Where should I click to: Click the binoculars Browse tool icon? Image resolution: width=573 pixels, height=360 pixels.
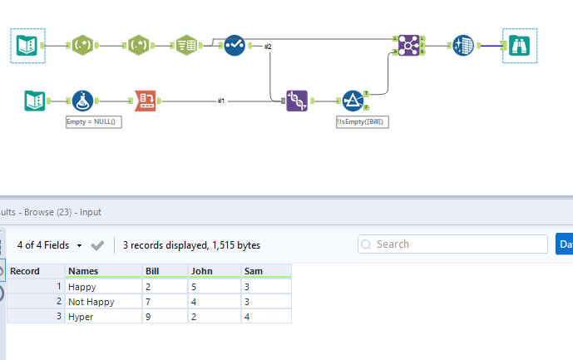[520, 45]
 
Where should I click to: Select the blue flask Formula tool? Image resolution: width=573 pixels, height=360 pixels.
[82, 101]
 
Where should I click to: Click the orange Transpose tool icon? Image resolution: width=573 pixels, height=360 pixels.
[146, 101]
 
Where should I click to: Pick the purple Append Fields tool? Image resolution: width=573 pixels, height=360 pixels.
[297, 101]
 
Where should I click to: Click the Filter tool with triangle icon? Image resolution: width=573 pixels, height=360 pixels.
[353, 101]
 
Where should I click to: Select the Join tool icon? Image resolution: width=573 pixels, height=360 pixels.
[408, 45]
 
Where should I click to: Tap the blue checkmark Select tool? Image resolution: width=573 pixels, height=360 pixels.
[234, 45]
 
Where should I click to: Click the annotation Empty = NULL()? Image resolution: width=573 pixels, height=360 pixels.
[94, 121]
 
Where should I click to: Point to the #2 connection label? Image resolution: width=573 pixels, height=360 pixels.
[268, 47]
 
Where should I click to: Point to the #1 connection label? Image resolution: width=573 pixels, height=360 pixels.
[221, 101]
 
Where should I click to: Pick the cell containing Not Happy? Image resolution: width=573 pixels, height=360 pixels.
[91, 301]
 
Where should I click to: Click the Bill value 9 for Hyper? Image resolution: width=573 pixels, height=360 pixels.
[148, 316]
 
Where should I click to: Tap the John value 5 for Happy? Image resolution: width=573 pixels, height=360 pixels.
[195, 286]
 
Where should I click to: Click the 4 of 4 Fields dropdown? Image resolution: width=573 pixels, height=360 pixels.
[50, 245]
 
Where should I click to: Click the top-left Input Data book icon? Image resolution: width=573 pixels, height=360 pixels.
[27, 45]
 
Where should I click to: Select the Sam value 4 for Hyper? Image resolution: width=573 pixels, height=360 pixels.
[247, 316]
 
